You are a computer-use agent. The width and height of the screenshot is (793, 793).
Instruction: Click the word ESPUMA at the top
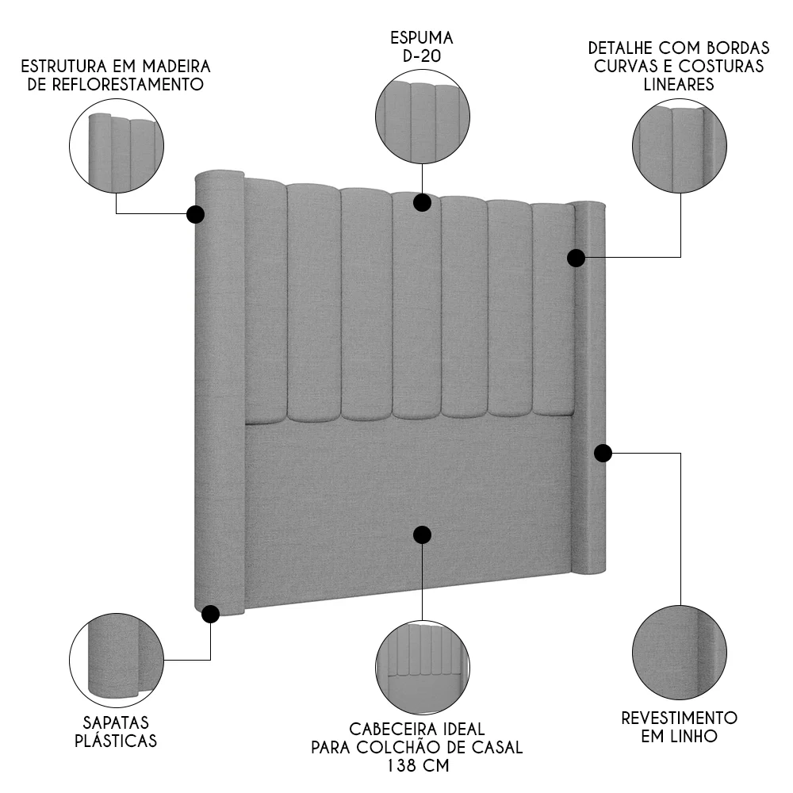pos(421,37)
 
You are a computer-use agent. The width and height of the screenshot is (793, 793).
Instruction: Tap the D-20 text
pos(421,56)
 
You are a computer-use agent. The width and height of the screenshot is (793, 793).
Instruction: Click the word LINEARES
pos(679,84)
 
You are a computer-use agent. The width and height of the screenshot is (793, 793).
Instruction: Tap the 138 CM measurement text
pos(416,766)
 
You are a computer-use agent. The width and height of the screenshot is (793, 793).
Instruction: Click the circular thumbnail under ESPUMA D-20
pos(422,117)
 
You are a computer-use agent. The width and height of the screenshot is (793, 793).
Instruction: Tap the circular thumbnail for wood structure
pos(117,148)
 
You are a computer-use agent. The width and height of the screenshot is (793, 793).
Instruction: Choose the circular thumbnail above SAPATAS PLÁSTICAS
pos(117,659)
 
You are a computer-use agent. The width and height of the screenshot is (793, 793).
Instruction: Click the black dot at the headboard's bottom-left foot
pos(210,614)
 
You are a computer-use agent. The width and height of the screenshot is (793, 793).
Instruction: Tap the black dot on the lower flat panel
pos(422,534)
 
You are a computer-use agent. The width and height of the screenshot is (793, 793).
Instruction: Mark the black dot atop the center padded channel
pos(422,202)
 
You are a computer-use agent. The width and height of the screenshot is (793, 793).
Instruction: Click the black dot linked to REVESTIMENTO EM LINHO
pos(603,453)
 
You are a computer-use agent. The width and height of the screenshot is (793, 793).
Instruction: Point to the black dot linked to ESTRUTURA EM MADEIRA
pos(195,214)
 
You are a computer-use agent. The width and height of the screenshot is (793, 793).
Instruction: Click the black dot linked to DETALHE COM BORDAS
pos(577,258)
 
